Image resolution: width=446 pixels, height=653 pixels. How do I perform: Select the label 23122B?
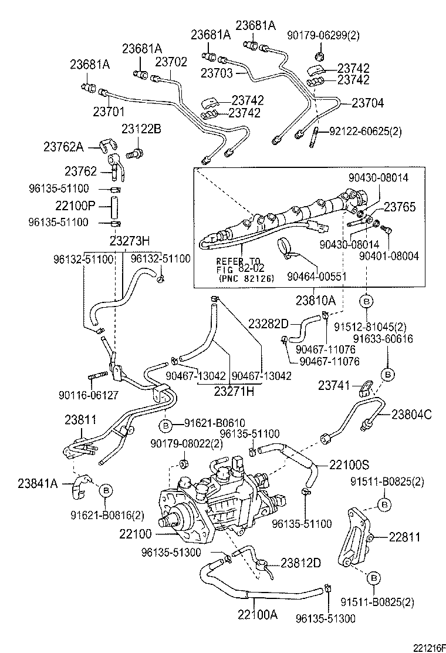coord(141,128)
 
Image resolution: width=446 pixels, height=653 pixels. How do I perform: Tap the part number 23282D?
coord(268,324)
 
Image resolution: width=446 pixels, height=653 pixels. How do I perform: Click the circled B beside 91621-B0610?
coord(165,424)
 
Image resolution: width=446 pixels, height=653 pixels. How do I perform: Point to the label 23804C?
coord(410,415)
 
